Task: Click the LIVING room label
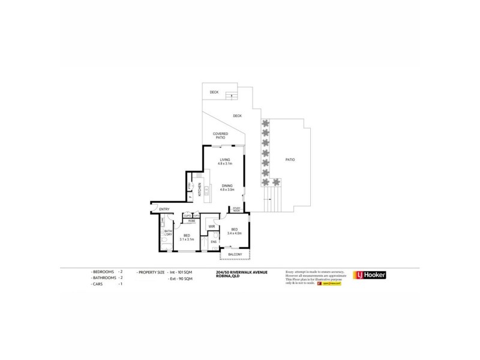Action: tap(224, 159)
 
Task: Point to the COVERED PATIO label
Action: tap(221, 136)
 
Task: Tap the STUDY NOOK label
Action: tap(236, 210)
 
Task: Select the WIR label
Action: tap(212, 227)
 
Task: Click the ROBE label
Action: tap(191, 221)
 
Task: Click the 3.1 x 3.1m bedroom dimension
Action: tap(187, 239)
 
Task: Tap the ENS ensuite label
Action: tap(213, 242)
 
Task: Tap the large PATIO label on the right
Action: tap(290, 160)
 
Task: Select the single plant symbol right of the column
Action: tap(276, 182)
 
